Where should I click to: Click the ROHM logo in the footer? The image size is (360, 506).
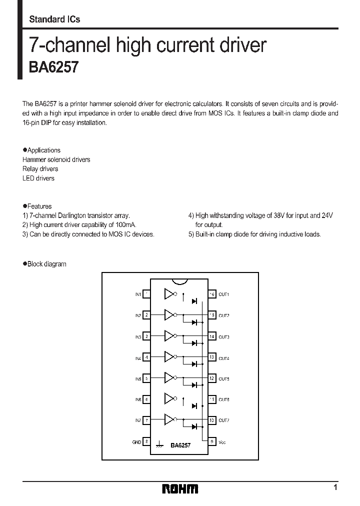click(x=180, y=488)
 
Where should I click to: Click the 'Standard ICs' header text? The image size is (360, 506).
click(x=54, y=19)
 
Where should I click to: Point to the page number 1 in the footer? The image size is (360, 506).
click(x=335, y=487)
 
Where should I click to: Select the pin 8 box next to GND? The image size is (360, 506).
click(x=146, y=441)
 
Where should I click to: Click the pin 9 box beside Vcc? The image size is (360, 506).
click(x=212, y=441)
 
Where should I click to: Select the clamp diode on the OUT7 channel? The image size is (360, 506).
click(x=194, y=426)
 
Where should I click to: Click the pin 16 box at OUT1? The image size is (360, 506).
click(x=212, y=294)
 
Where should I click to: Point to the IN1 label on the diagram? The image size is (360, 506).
click(x=137, y=294)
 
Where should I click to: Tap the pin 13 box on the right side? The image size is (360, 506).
click(x=212, y=357)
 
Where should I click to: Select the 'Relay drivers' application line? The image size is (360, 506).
click(x=40, y=169)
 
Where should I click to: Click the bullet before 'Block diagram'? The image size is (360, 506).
click(x=24, y=263)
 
